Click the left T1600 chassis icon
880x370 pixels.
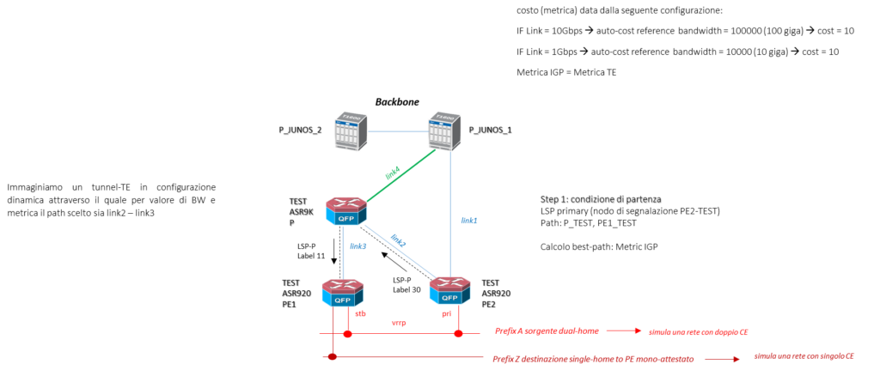click(351, 132)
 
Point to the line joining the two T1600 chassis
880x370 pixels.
click(399, 132)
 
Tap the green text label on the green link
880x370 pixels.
click(393, 173)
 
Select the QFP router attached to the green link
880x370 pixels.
click(346, 210)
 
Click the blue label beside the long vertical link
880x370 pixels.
click(469, 221)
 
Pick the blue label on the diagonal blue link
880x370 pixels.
click(398, 241)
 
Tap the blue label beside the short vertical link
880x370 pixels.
click(358, 246)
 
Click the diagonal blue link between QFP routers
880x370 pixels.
click(396, 252)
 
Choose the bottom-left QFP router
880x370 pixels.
click(343, 292)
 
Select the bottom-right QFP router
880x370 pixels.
click(449, 290)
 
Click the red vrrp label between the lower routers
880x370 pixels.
click(398, 323)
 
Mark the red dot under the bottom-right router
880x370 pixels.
click(459, 333)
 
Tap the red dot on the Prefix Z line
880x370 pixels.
click(332, 355)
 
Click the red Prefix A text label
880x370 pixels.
click(547, 331)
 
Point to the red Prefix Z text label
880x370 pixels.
click(593, 359)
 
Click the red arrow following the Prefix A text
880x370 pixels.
click(625, 331)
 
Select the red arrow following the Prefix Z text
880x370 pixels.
click(723, 359)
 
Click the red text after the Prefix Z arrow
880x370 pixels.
click(804, 355)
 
